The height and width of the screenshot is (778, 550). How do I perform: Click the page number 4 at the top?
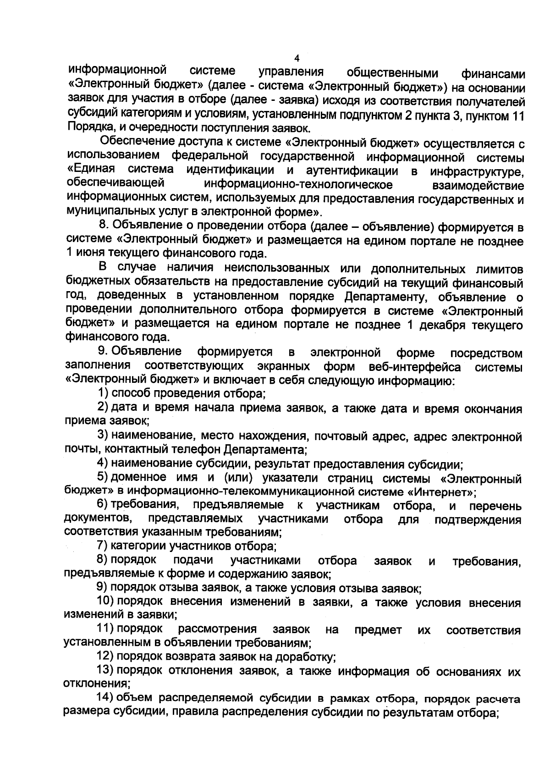[296, 59]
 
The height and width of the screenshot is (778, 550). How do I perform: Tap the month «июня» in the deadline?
[90, 253]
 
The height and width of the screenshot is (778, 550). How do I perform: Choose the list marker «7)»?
[102, 546]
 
